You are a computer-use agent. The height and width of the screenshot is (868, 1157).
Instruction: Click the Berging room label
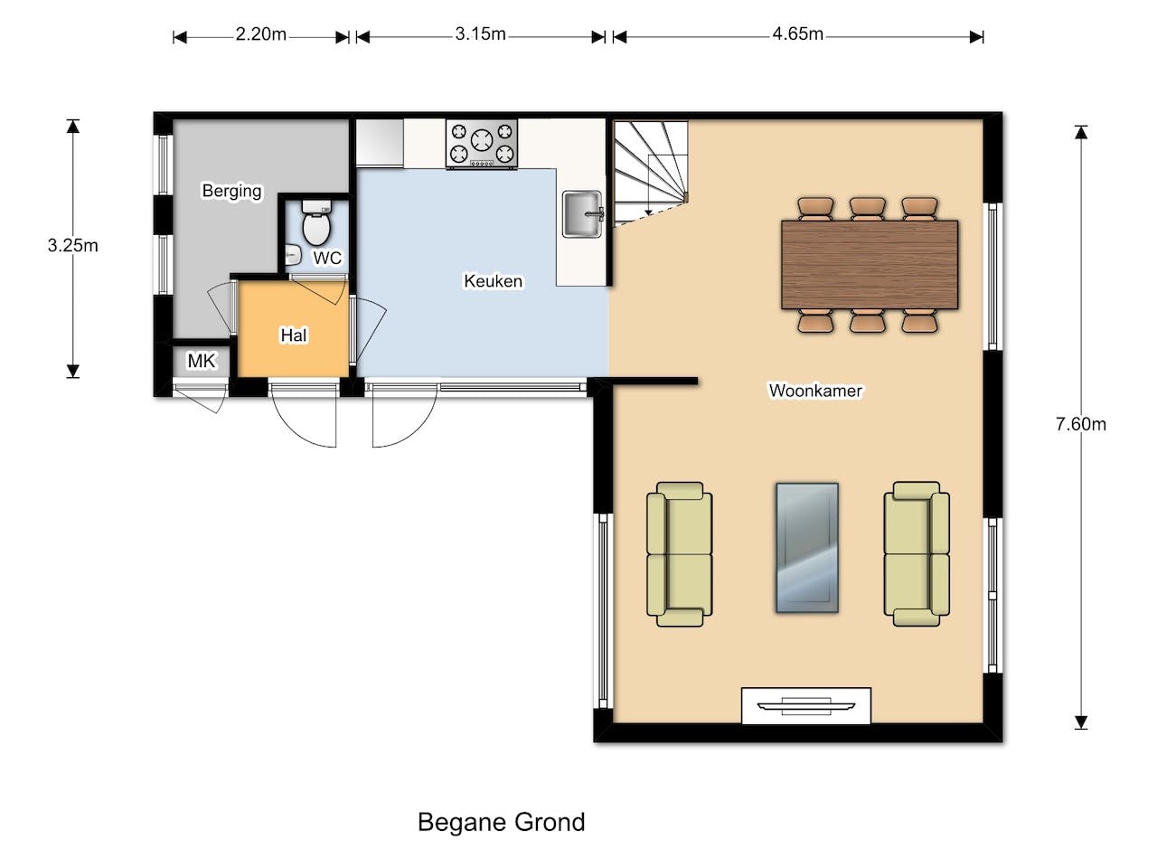point(232,191)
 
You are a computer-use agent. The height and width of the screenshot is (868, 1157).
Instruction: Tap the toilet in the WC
point(316,222)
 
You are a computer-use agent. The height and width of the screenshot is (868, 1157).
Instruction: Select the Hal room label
point(294,335)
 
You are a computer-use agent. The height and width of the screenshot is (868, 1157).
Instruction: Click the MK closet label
point(202,361)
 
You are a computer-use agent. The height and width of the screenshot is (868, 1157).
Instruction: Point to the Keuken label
point(493,281)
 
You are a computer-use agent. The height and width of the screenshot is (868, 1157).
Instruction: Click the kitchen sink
point(583,214)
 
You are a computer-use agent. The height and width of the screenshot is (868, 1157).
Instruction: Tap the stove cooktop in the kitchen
point(482,144)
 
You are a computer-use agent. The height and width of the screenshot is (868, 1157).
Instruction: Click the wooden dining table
point(870,265)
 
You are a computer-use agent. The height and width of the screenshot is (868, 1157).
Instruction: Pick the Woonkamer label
point(815,391)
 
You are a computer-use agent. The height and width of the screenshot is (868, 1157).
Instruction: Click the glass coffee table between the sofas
point(807,548)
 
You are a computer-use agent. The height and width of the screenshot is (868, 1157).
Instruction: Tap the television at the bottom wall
point(806,705)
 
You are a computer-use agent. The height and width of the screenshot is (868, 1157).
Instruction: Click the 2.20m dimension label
point(261,34)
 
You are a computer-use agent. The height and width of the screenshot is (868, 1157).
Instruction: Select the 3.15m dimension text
point(480,34)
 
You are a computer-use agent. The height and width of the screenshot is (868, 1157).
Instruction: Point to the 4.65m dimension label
point(797,34)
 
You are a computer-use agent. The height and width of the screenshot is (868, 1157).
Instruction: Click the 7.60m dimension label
point(1080,424)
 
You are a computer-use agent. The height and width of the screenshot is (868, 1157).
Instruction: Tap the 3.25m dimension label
point(72,246)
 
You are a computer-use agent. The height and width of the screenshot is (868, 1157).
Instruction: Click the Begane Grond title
point(502,822)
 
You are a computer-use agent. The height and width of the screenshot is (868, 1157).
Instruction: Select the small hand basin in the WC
point(293,255)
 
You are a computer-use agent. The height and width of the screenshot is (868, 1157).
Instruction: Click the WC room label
point(327,259)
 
